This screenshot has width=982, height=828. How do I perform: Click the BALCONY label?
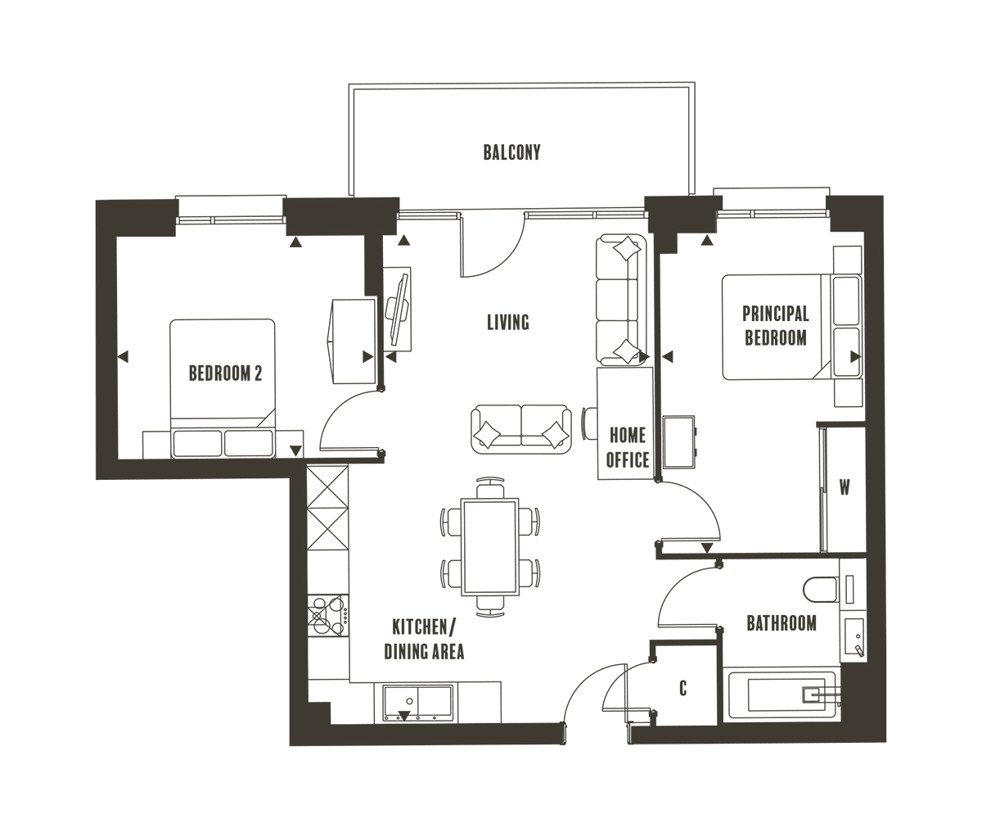pos(511,152)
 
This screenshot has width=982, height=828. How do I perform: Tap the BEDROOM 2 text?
pos(225,373)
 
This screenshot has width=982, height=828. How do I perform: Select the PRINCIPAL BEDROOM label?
pos(775,325)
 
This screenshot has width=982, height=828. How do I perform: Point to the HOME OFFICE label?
pos(628,447)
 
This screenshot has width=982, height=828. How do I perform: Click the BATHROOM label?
pos(781,623)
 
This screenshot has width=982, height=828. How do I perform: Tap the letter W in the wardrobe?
pos(845,488)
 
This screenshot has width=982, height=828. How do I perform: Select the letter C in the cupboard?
pos(682,689)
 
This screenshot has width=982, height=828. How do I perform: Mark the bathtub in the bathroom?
pos(780,695)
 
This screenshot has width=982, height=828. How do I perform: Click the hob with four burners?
pos(328,615)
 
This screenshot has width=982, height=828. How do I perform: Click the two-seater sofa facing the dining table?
pos(520,428)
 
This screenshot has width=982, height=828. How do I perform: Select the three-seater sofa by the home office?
pos(621,300)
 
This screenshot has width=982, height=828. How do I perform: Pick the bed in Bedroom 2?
pos(223,385)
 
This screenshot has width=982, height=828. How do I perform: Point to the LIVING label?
pos(508,322)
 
